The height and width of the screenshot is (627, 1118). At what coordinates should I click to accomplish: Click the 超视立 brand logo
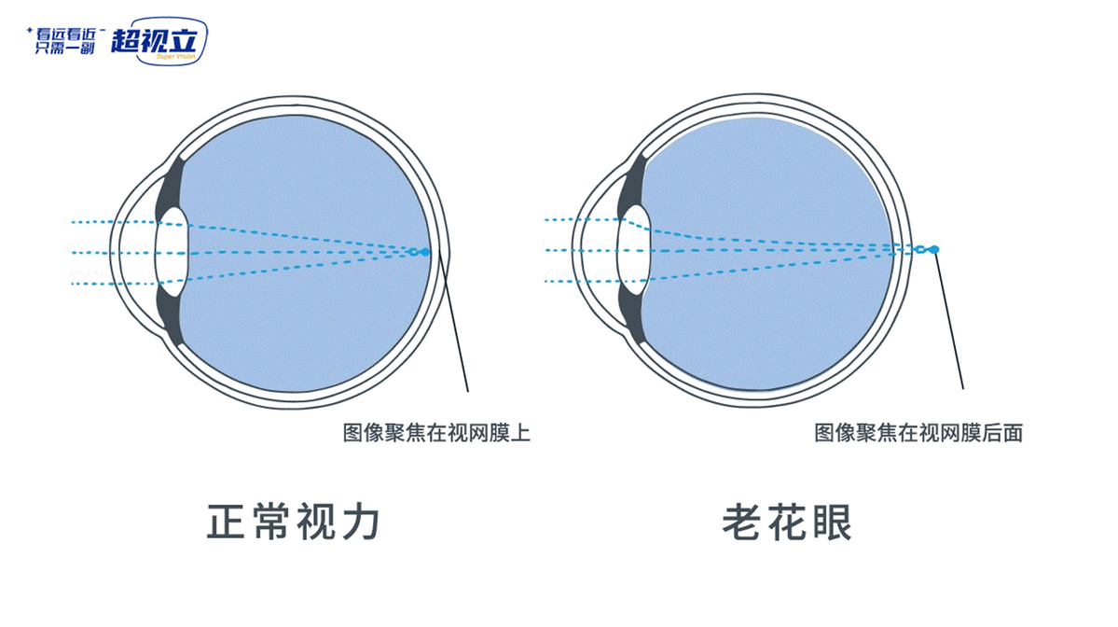point(159,41)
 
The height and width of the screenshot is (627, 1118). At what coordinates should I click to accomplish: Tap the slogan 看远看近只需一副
point(65,41)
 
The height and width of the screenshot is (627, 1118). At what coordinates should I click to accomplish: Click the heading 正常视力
point(293,522)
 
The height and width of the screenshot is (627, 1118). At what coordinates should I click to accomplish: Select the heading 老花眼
point(786,522)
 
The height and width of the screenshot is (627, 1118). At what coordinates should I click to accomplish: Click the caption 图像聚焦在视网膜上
point(436,432)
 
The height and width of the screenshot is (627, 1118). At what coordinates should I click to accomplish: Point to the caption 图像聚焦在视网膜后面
point(918,432)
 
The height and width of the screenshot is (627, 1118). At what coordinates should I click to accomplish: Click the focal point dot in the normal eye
point(425,252)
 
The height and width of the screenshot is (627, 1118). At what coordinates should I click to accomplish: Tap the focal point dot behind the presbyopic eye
point(934,249)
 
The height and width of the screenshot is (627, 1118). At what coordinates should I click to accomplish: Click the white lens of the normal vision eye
point(172,252)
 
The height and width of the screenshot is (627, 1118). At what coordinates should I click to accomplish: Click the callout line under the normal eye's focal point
point(452,323)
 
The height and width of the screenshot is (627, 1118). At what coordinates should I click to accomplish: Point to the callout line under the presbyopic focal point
point(948,320)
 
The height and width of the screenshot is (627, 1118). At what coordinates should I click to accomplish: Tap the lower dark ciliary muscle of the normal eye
point(172,315)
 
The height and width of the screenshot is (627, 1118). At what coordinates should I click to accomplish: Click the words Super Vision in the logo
point(176,56)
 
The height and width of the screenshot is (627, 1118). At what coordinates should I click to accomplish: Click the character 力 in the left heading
point(362,522)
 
